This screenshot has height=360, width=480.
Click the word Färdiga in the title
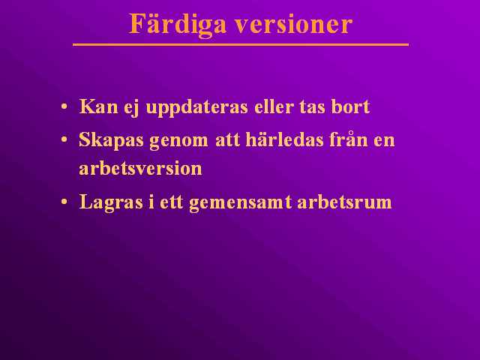[178, 25]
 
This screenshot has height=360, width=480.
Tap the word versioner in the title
[294, 25]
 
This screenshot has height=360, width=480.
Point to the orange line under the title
[241, 45]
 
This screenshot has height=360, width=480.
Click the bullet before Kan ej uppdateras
[64, 106]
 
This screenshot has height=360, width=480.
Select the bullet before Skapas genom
[64, 140]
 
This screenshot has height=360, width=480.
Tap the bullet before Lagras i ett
[64, 202]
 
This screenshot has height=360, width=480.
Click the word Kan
[98, 106]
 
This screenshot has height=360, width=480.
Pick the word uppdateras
[196, 108]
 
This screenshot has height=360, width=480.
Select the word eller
[274, 106]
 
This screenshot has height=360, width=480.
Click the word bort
[350, 106]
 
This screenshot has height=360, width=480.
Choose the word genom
[178, 142]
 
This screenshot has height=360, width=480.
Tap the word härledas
[285, 139]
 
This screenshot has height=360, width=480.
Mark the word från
[349, 139]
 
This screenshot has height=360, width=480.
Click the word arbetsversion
[140, 168]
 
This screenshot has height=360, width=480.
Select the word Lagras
[111, 202]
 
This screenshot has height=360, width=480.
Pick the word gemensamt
[240, 203]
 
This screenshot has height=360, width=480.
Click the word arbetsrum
[344, 202]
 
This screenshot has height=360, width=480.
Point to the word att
[227, 140]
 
